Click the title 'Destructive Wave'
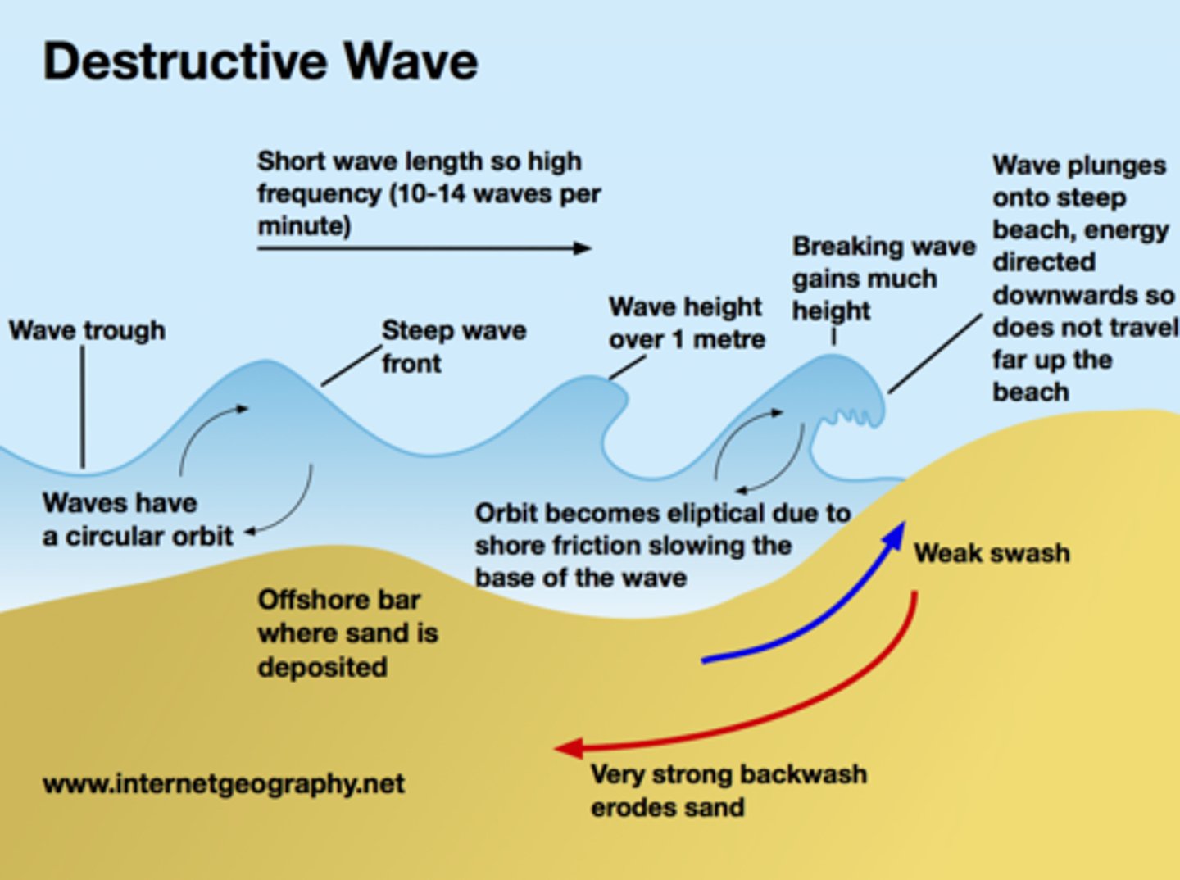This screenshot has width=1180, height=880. pyautogui.click(x=260, y=61)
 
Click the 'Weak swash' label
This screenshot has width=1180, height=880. pyautogui.click(x=992, y=553)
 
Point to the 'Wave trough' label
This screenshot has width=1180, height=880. pyautogui.click(x=87, y=330)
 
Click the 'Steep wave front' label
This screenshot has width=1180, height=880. pyautogui.click(x=453, y=346)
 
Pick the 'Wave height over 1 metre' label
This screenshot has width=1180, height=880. pyautogui.click(x=687, y=323)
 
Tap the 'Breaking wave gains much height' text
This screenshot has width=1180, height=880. pyautogui.click(x=883, y=279)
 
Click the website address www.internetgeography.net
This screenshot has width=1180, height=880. pyautogui.click(x=223, y=784)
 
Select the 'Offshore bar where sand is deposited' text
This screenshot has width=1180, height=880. pyautogui.click(x=347, y=633)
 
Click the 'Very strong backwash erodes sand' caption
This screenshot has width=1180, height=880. pyautogui.click(x=728, y=791)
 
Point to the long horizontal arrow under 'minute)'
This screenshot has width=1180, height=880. pyautogui.click(x=424, y=247)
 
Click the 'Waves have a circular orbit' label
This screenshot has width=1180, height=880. pyautogui.click(x=138, y=519)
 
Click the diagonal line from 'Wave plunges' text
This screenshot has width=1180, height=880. pyautogui.click(x=934, y=354)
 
